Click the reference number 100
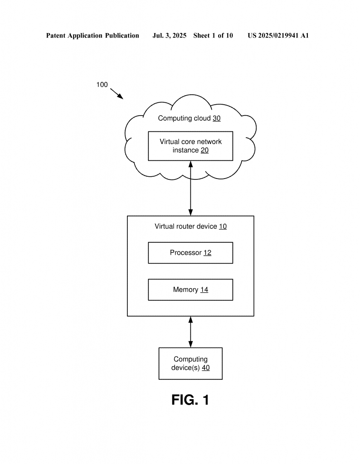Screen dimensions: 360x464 point(102,85)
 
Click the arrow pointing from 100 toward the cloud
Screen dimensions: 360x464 point(117,93)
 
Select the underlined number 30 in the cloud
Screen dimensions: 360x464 point(216,118)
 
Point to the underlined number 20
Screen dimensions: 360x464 point(204,150)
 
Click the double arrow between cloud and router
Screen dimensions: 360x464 point(190,188)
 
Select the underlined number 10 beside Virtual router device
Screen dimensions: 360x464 point(223,227)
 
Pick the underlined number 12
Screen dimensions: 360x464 point(207,253)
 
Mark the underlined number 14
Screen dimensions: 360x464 point(204,290)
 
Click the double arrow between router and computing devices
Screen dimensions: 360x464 point(190,332)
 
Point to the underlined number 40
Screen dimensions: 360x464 point(206,368)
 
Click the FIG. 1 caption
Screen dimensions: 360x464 point(190,400)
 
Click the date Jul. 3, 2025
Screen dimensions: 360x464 point(169,36)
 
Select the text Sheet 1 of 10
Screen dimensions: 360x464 point(213,36)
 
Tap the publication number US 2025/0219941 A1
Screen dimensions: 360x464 point(278,36)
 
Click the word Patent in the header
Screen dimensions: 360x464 point(56,36)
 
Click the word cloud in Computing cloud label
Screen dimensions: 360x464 point(202,118)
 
